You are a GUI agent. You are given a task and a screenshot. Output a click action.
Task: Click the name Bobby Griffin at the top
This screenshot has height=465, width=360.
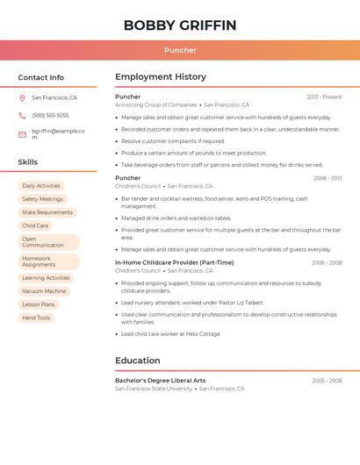click(x=180, y=25)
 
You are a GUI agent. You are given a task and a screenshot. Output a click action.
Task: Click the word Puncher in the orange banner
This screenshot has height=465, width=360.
click(x=180, y=50)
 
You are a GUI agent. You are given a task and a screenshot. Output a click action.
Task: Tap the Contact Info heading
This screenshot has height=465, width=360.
click(x=41, y=77)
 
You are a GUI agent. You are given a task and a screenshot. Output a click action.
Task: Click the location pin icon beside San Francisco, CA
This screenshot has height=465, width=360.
click(x=22, y=98)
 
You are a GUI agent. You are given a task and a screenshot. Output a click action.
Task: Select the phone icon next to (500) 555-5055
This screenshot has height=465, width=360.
click(x=22, y=116)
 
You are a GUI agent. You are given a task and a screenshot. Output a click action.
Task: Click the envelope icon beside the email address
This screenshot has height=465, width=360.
click(x=22, y=134)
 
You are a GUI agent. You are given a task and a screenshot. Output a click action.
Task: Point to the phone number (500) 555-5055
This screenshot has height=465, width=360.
click(x=50, y=116)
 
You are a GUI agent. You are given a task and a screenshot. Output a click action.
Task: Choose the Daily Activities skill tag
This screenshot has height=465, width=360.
click(x=41, y=186)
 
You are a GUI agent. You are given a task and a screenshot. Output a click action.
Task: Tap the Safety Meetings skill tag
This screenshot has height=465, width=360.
click(x=42, y=199)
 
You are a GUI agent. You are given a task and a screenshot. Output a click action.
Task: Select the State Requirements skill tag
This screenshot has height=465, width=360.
click(x=47, y=212)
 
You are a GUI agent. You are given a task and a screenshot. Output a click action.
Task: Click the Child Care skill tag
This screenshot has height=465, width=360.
click(x=35, y=225)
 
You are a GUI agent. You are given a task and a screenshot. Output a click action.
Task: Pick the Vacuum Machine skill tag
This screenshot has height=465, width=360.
click(x=44, y=291)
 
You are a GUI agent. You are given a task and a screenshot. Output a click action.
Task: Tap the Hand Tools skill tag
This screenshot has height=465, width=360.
click(x=36, y=318)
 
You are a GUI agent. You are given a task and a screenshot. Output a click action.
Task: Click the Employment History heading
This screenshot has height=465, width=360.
click(x=161, y=77)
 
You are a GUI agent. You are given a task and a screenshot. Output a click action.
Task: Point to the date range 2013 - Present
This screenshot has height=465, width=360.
click(x=324, y=97)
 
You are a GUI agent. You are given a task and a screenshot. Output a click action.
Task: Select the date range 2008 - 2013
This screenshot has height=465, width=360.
click(x=328, y=178)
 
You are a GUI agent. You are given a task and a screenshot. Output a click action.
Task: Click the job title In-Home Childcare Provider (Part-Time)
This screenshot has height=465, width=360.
click(x=174, y=262)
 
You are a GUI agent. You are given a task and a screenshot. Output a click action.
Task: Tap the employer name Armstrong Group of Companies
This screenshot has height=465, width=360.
click(x=155, y=105)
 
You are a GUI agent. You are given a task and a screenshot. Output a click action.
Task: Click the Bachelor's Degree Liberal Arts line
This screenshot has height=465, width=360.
click(x=161, y=381)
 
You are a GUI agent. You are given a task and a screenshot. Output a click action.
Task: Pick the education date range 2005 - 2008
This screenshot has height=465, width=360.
click(x=327, y=381)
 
